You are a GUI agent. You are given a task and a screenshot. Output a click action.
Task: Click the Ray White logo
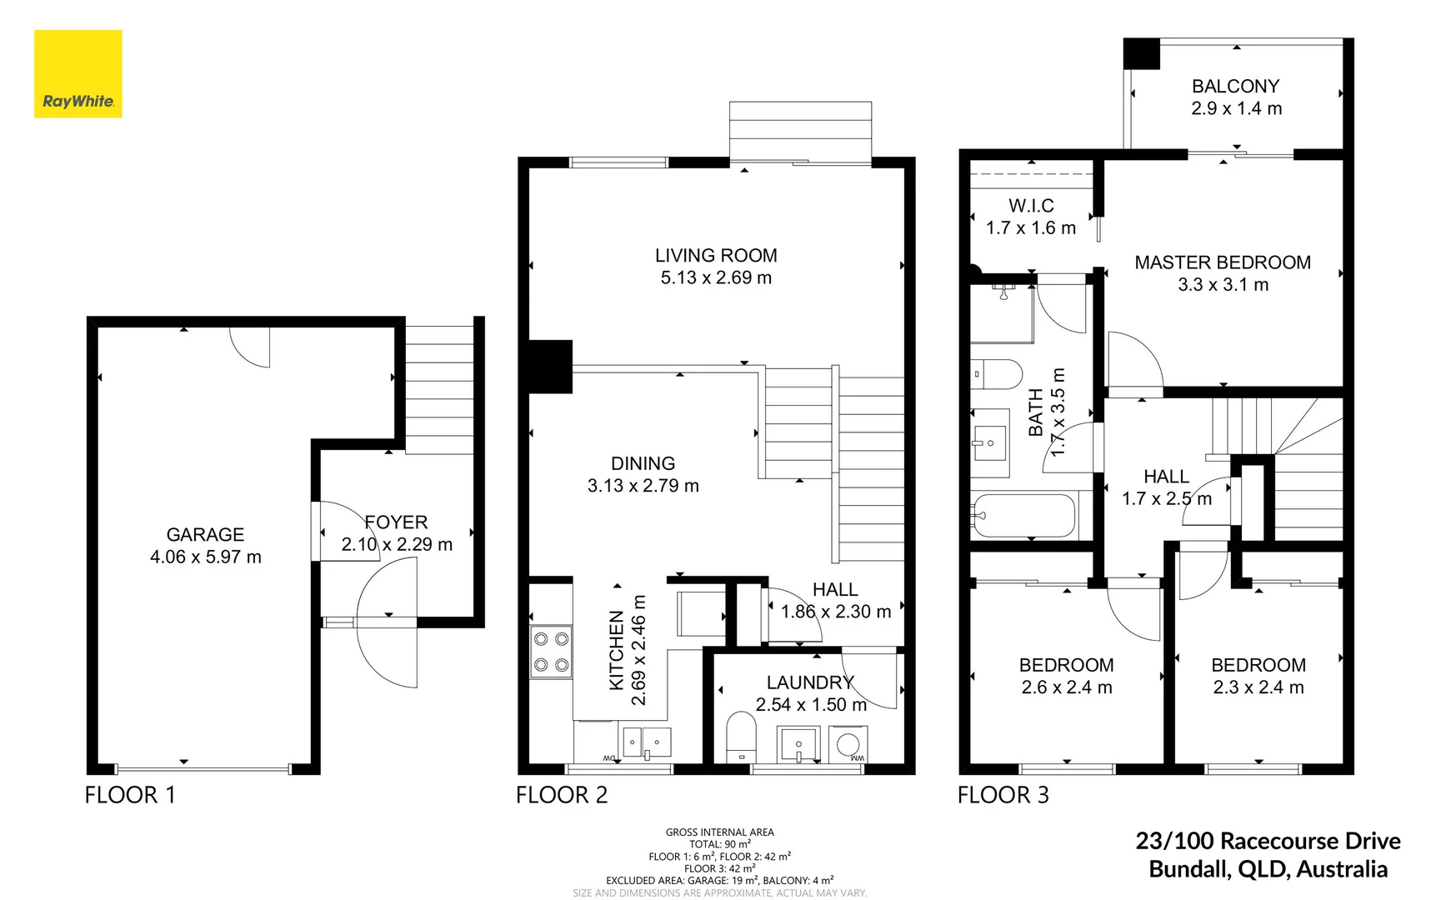click(78, 74)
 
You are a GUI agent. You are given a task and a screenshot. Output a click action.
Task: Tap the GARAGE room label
click(205, 535)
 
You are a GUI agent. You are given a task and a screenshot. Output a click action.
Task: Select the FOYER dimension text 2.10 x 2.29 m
click(397, 545)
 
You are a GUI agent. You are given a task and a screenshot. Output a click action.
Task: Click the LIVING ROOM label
click(716, 256)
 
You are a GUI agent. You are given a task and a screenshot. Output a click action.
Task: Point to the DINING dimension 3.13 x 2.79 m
click(643, 486)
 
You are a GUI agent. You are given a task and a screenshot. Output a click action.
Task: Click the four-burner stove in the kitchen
click(551, 652)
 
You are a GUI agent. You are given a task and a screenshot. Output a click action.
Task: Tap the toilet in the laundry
click(740, 736)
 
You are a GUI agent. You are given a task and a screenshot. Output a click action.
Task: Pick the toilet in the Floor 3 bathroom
click(998, 374)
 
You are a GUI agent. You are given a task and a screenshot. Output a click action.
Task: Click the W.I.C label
click(1031, 206)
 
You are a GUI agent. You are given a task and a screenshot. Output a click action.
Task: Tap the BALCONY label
click(1235, 87)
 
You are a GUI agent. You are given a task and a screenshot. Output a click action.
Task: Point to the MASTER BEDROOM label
click(1223, 263)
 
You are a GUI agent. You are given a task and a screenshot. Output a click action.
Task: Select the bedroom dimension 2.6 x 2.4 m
click(1067, 687)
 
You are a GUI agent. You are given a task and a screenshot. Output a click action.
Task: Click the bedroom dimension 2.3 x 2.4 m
click(1258, 687)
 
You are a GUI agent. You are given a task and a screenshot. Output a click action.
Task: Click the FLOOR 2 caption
click(562, 795)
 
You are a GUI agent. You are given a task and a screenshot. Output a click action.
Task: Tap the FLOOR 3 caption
click(1003, 795)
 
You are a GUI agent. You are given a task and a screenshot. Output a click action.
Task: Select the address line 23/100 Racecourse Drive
click(1268, 841)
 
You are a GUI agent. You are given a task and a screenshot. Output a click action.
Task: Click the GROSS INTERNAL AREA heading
click(719, 832)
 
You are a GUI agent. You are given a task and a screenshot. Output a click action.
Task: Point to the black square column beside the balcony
click(1141, 53)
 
